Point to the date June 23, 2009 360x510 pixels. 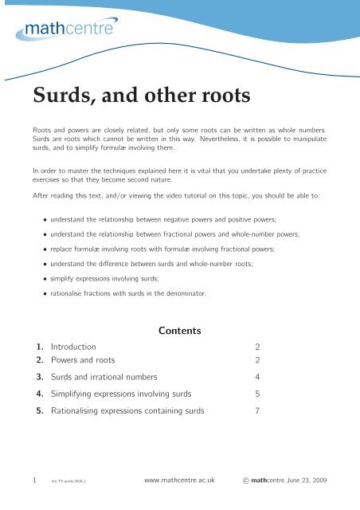315,482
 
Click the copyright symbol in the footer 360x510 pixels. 245,482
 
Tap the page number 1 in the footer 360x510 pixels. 24,481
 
